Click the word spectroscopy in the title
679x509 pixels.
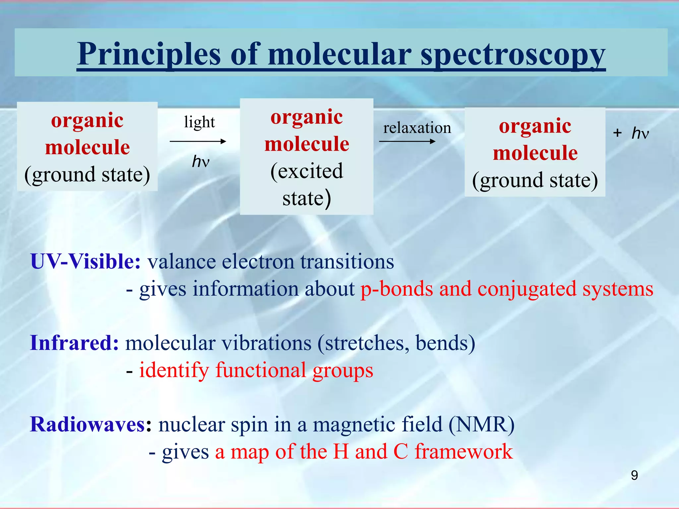(x=513, y=55)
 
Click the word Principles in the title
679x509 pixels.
(x=149, y=55)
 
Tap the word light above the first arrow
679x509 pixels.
(x=200, y=122)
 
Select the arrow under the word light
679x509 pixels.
(x=198, y=141)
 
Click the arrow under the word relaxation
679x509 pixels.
(x=407, y=141)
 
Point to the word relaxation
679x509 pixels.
(x=417, y=128)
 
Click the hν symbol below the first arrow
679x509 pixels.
(x=201, y=162)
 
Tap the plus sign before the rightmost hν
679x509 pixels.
(x=617, y=133)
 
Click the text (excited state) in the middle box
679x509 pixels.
(x=307, y=184)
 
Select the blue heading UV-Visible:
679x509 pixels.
(x=85, y=262)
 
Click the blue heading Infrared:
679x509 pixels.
(x=74, y=343)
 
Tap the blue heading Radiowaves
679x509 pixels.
(x=88, y=424)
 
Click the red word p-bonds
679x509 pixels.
(x=397, y=289)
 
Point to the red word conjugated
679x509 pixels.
(x=527, y=289)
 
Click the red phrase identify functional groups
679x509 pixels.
(x=256, y=370)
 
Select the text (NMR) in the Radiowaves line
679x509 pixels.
(x=481, y=424)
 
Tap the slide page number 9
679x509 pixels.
(x=634, y=476)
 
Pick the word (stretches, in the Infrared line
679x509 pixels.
(x=363, y=343)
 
